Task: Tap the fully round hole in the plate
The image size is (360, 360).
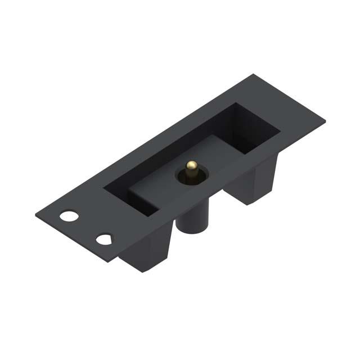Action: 70,215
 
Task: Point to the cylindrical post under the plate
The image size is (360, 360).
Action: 191,217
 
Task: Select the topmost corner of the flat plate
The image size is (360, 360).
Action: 254,74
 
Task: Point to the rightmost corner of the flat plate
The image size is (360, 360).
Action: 325,120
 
